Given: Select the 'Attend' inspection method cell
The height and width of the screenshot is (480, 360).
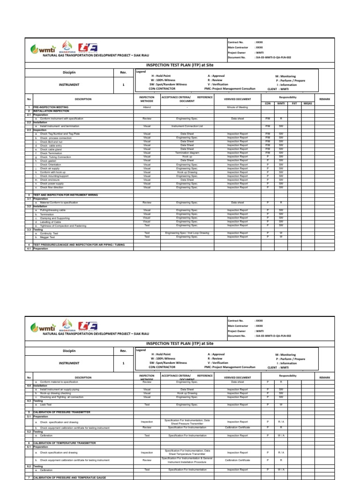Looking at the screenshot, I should click(x=147, y=107).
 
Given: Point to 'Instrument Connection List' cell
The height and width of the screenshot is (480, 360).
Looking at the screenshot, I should click(x=187, y=126).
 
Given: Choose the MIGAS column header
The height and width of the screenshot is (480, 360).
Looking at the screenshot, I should click(x=307, y=103).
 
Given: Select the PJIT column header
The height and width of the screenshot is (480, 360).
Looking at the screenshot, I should click(x=294, y=103).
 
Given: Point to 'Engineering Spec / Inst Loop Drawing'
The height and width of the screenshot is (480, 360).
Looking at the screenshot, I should click(x=187, y=233).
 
